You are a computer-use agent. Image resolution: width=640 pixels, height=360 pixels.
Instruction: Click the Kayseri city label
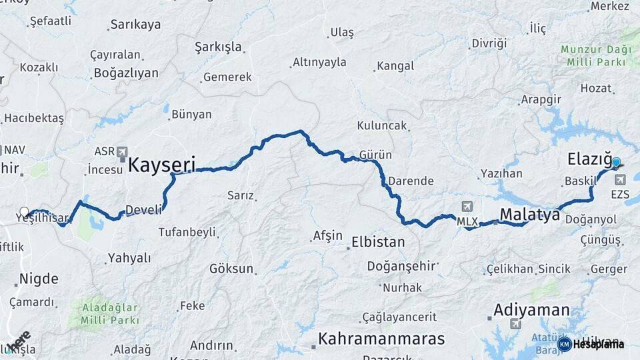(161, 165)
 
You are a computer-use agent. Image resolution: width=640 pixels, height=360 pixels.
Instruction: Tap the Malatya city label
(529, 214)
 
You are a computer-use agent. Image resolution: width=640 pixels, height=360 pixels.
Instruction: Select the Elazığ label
(589, 159)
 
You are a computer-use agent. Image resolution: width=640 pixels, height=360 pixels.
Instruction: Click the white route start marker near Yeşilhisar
(25, 213)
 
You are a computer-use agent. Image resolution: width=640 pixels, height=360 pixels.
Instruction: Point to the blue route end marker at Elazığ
(616, 162)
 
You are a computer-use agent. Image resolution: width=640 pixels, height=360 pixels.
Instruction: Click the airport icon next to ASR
(122, 152)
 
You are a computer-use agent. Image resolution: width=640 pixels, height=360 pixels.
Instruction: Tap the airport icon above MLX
(466, 207)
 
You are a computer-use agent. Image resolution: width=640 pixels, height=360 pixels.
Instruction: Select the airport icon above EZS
(621, 179)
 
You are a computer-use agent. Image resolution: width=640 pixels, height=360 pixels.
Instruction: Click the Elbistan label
(378, 241)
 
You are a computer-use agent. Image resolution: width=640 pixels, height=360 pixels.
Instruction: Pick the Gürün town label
(375, 155)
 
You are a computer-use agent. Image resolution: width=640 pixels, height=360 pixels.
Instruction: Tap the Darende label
(411, 181)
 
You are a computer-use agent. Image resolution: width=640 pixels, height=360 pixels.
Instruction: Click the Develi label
(143, 210)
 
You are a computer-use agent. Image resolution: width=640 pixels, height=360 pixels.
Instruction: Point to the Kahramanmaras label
(381, 339)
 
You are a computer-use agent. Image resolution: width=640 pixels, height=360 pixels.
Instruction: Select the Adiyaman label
(531, 310)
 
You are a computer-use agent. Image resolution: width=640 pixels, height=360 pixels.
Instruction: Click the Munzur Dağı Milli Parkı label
(593, 55)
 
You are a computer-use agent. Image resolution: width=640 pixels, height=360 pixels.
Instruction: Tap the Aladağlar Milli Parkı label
(111, 313)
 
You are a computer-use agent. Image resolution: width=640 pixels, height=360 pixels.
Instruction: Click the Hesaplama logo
(591, 344)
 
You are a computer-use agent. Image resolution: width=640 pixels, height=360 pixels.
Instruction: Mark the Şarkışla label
(218, 47)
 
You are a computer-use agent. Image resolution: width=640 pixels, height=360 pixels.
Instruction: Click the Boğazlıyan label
(126, 73)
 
